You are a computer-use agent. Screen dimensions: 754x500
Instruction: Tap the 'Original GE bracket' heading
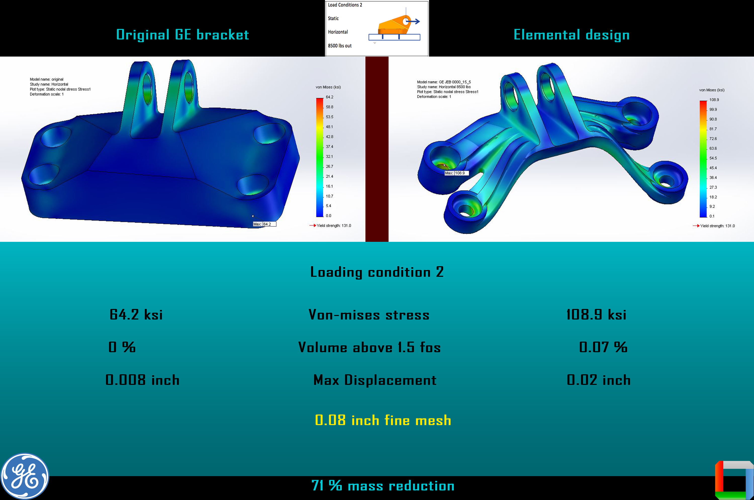coord(182,34)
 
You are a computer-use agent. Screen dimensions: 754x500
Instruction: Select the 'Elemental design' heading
coord(571,35)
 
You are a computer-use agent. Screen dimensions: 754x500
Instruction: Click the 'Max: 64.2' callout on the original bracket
coord(264,224)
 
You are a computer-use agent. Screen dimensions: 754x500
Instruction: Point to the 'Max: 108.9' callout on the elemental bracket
coord(456,173)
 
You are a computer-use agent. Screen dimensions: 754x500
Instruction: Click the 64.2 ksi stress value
coord(136,314)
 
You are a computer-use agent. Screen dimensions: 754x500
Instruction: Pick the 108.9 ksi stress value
coord(596,314)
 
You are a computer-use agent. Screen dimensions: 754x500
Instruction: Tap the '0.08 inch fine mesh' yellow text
coord(383,420)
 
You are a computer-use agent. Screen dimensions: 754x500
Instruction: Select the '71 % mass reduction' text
coord(383,486)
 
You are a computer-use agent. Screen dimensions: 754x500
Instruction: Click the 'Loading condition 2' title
coord(377,272)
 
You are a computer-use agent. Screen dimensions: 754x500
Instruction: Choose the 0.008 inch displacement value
coord(142,380)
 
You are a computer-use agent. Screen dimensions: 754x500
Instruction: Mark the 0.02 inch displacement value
coord(598,380)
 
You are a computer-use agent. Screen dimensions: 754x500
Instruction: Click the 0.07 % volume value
coord(603,347)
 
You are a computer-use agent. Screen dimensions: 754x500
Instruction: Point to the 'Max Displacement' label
coord(375,380)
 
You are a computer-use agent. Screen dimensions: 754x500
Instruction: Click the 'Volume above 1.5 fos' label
coord(369,347)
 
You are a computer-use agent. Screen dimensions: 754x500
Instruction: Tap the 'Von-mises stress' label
coord(369,315)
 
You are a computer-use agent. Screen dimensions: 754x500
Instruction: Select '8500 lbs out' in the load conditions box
coord(340,46)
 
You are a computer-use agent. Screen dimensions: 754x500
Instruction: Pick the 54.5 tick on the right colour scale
coord(713,158)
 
